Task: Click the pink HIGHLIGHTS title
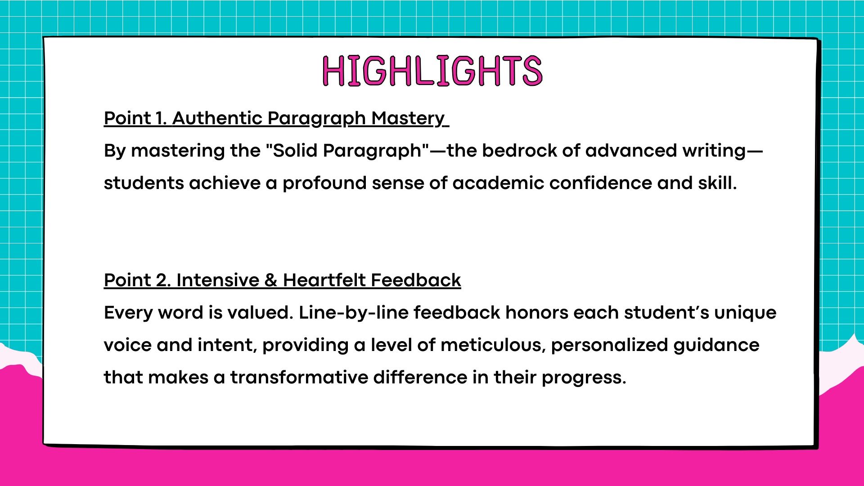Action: (x=432, y=71)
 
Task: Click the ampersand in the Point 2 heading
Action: (x=271, y=280)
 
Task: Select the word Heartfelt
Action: (x=324, y=280)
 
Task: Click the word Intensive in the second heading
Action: (x=218, y=280)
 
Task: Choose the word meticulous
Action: (x=493, y=345)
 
